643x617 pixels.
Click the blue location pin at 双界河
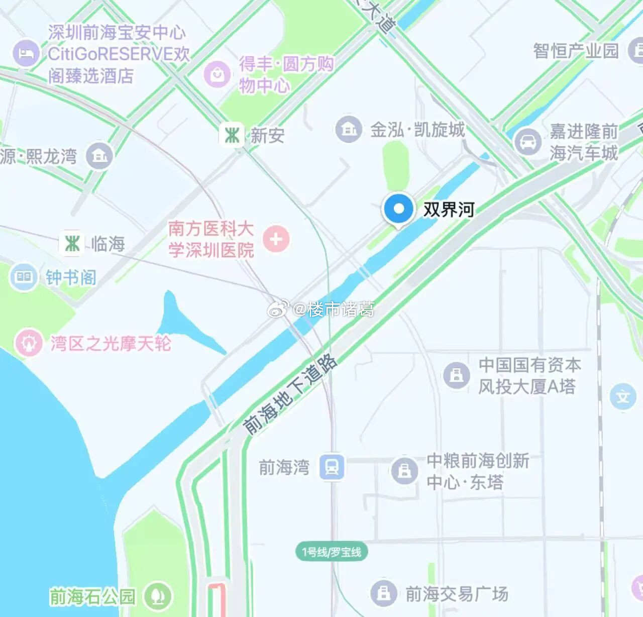coord(398,209)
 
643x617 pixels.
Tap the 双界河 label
coord(449,209)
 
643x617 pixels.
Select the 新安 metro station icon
coord(232,135)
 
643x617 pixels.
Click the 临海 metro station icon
coord(72,244)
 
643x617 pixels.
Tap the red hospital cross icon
coord(276,239)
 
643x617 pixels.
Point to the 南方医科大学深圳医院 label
coord(211,239)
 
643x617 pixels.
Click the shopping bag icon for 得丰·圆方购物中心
coord(217,75)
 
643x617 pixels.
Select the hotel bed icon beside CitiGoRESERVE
coord(26,53)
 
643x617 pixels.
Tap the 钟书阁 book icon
coord(24,277)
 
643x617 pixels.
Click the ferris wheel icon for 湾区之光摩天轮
coord(29,343)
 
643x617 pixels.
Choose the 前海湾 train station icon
coord(332,467)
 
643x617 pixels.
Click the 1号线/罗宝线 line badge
coord(332,552)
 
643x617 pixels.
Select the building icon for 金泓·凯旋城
coord(349,129)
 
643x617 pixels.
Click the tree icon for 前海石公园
coord(158,596)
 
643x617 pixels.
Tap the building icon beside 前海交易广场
coord(384,593)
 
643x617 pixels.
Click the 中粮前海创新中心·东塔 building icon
coord(404,471)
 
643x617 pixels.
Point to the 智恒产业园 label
coord(576,51)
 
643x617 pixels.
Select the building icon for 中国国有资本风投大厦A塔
coord(456,375)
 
